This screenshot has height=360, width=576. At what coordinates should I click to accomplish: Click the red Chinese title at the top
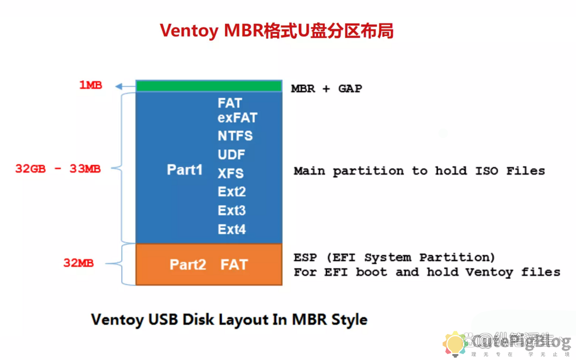tap(276, 31)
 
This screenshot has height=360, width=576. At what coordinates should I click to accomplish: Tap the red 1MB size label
tap(90, 85)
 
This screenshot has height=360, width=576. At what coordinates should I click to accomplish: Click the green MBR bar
tap(209, 86)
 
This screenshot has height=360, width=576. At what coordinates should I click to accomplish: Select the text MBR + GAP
tap(326, 89)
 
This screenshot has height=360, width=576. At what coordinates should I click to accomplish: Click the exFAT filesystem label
tap(237, 118)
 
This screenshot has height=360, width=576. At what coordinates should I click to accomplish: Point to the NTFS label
tap(235, 136)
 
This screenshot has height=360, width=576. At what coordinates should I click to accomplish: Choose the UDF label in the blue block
tap(231, 155)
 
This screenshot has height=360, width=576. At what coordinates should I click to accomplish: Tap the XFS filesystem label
tap(231, 174)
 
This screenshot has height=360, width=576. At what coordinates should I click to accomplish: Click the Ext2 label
tap(232, 192)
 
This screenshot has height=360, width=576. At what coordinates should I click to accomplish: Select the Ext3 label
tap(232, 210)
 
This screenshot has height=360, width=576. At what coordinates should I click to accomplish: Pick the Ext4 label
tap(232, 229)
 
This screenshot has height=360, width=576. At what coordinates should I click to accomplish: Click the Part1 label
tap(184, 170)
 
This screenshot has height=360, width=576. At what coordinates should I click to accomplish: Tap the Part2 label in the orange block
tap(187, 265)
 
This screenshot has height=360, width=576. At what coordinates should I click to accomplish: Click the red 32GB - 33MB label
tap(58, 169)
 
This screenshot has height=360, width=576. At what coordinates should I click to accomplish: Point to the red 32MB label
tap(78, 263)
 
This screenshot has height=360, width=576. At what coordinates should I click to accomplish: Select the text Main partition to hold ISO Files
tap(419, 171)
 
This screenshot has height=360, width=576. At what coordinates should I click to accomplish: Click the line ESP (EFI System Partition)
tap(394, 257)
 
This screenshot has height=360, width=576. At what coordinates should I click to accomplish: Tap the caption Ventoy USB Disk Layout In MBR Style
tap(229, 319)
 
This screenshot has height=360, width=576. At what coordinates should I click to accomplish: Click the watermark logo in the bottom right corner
tap(455, 344)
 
